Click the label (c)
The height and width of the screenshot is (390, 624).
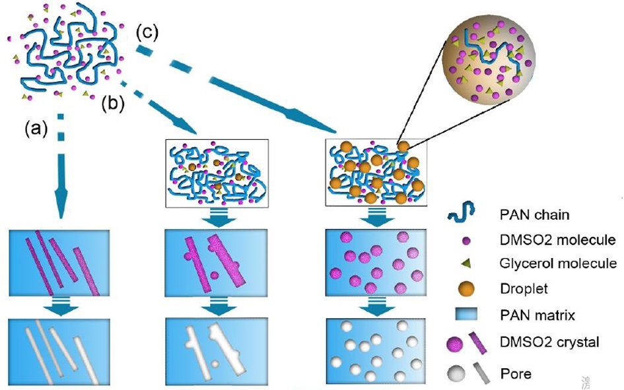147,34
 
